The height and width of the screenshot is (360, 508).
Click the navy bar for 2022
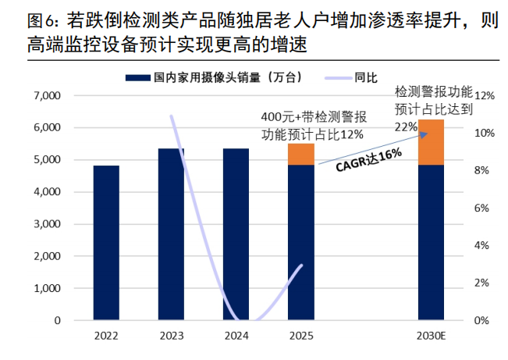point(106,243)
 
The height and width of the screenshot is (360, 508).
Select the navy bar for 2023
point(171,234)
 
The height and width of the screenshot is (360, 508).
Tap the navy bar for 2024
point(236,234)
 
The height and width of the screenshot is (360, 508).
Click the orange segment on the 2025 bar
point(300,155)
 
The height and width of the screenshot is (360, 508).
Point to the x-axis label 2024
point(236,337)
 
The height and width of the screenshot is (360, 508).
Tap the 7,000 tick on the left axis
point(48,96)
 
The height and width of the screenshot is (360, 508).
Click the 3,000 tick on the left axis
point(48,224)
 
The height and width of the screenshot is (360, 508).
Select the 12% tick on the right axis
point(485,96)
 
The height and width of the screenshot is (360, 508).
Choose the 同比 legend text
point(366,77)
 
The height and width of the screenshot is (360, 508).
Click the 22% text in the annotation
point(405,127)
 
